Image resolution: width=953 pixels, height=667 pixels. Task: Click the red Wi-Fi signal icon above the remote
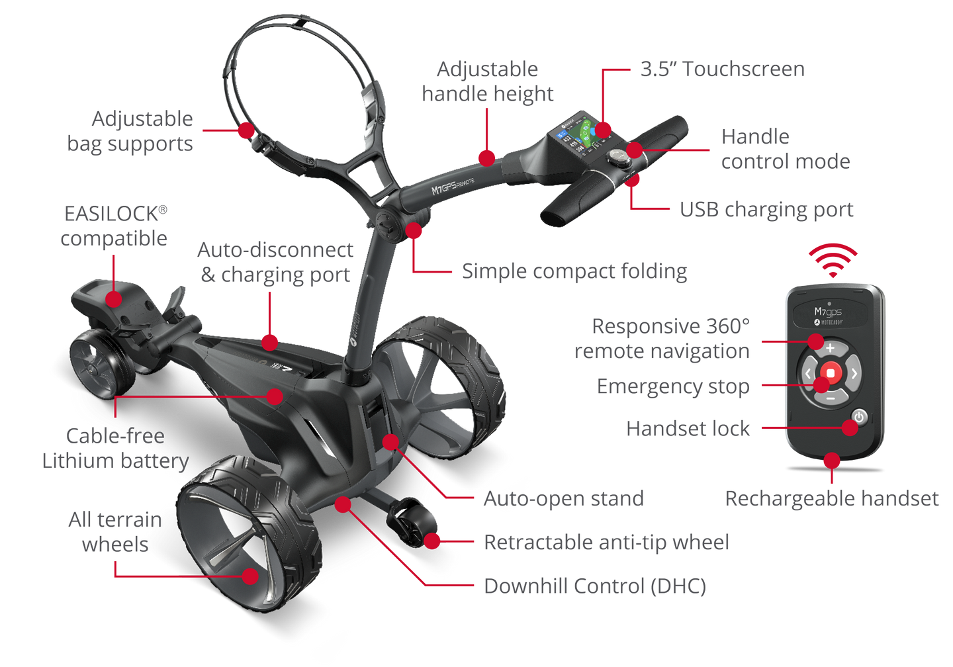pos(833,260)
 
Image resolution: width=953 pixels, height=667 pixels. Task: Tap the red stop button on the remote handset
pos(831,373)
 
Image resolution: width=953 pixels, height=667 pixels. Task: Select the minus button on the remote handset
pos(831,398)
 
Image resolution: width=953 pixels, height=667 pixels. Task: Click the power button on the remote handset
pos(859,417)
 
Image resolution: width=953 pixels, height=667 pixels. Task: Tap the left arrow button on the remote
pos(808,373)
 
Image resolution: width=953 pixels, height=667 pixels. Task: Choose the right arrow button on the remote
pos(854,373)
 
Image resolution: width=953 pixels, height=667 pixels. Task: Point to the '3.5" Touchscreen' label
pos(723,69)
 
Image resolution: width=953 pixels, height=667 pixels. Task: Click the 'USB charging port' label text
pos(766,210)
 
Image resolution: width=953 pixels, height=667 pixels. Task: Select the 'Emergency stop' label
pos(673,386)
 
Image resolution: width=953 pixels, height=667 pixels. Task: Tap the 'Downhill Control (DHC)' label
pos(595,586)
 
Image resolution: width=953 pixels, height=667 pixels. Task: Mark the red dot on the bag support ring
pos(246,130)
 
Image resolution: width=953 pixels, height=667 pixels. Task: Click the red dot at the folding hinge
pos(414,230)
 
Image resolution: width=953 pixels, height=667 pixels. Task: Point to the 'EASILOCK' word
pos(111,214)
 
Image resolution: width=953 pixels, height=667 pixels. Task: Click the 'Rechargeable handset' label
pos(832,498)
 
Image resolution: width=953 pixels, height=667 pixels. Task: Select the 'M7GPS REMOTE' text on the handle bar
pos(453,185)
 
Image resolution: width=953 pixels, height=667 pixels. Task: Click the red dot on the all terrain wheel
pos(250,576)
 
